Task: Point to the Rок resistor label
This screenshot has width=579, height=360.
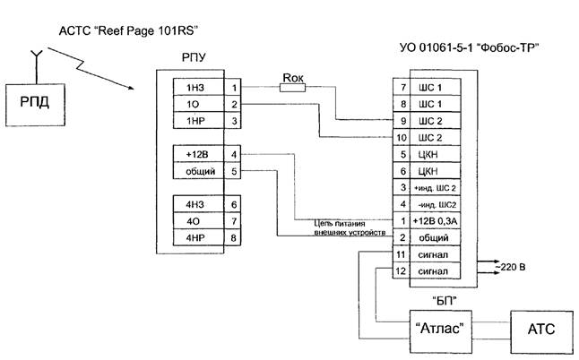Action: pyautogui.click(x=294, y=78)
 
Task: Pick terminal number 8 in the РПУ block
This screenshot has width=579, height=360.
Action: pyautogui.click(x=234, y=237)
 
